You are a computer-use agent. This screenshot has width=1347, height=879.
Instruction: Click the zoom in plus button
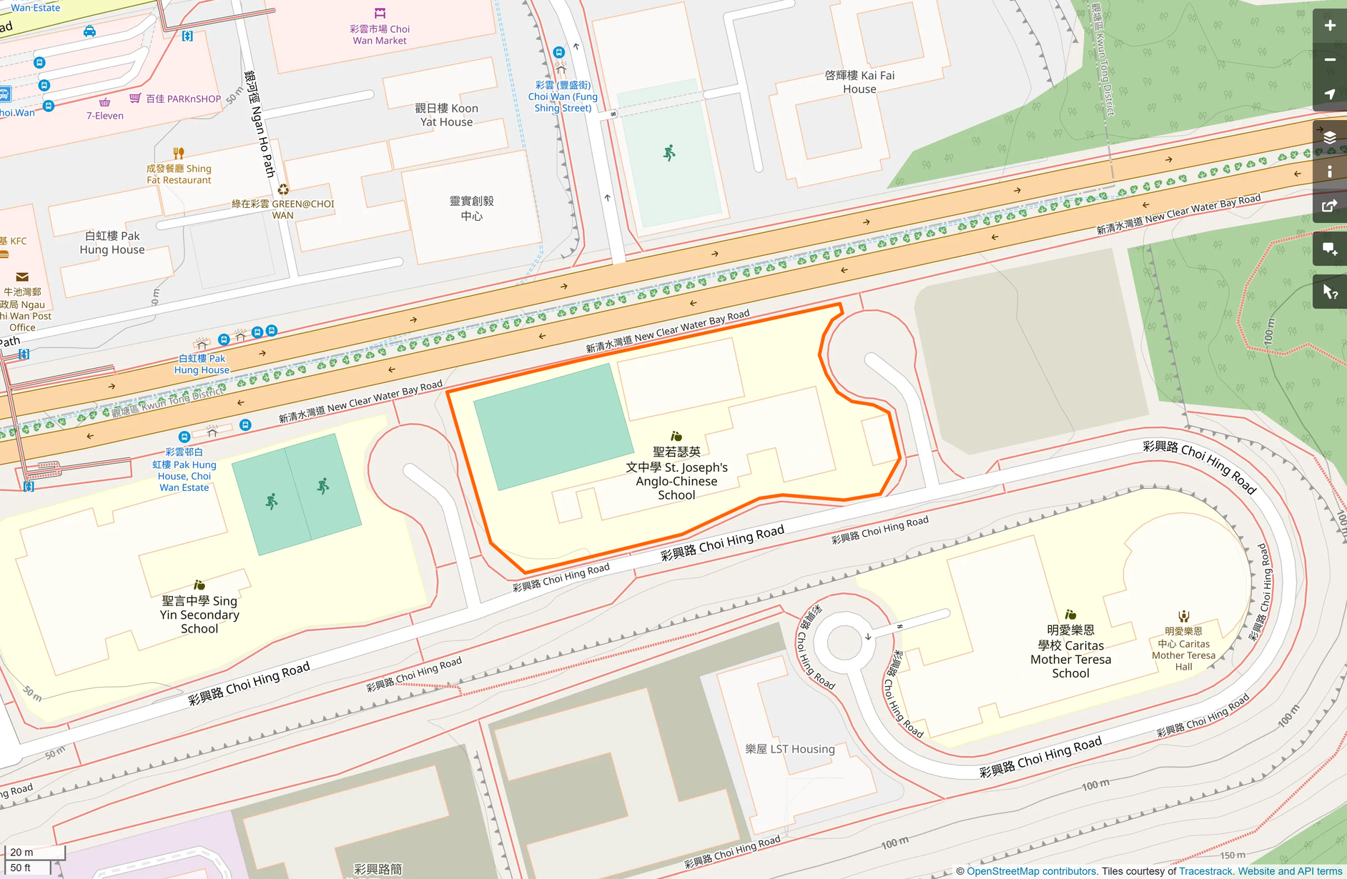[1329, 26]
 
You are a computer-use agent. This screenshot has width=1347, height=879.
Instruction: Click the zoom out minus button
[1329, 60]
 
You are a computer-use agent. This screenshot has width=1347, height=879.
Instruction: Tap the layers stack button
[1329, 137]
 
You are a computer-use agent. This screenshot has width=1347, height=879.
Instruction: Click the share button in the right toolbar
[1329, 207]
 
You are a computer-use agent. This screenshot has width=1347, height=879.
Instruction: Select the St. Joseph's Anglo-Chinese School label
[676, 473]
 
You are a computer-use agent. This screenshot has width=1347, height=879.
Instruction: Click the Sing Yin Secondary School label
[199, 615]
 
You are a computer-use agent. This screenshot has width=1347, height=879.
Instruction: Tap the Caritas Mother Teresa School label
[1070, 651]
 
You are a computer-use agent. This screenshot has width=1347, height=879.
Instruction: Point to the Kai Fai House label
[859, 82]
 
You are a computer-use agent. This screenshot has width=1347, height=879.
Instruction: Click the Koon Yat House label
[446, 115]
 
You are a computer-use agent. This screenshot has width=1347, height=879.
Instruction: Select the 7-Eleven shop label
[105, 116]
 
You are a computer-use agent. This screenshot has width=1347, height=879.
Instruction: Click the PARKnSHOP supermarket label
[183, 99]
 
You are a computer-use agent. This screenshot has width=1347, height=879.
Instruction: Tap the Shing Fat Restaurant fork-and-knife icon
[179, 153]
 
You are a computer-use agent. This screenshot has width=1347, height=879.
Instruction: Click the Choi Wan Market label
[380, 34]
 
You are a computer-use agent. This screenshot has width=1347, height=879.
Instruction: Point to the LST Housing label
[790, 749]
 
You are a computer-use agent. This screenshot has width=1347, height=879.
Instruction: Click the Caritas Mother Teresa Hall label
[1183, 649]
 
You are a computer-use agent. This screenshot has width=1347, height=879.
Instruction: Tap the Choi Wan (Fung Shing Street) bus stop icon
[559, 52]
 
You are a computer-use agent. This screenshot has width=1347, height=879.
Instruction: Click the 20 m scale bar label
[22, 852]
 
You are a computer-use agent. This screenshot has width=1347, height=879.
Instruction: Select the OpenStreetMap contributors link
[1031, 871]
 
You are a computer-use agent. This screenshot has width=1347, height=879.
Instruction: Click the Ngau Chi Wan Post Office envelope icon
[22, 277]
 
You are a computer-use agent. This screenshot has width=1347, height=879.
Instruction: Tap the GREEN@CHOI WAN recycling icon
[283, 189]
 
